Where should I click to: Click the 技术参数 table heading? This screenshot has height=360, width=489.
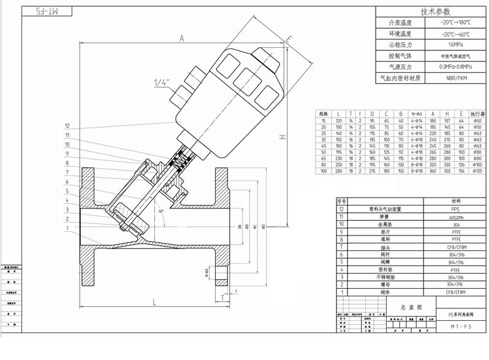435,12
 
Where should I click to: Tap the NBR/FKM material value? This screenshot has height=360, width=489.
456,78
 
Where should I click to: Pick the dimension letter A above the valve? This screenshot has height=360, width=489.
182,38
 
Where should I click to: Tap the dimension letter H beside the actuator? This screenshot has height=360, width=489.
282,137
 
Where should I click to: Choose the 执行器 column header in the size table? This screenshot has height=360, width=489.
477,114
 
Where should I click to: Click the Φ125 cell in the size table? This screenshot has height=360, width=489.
477,171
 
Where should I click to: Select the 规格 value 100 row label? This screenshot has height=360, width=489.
324,171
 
